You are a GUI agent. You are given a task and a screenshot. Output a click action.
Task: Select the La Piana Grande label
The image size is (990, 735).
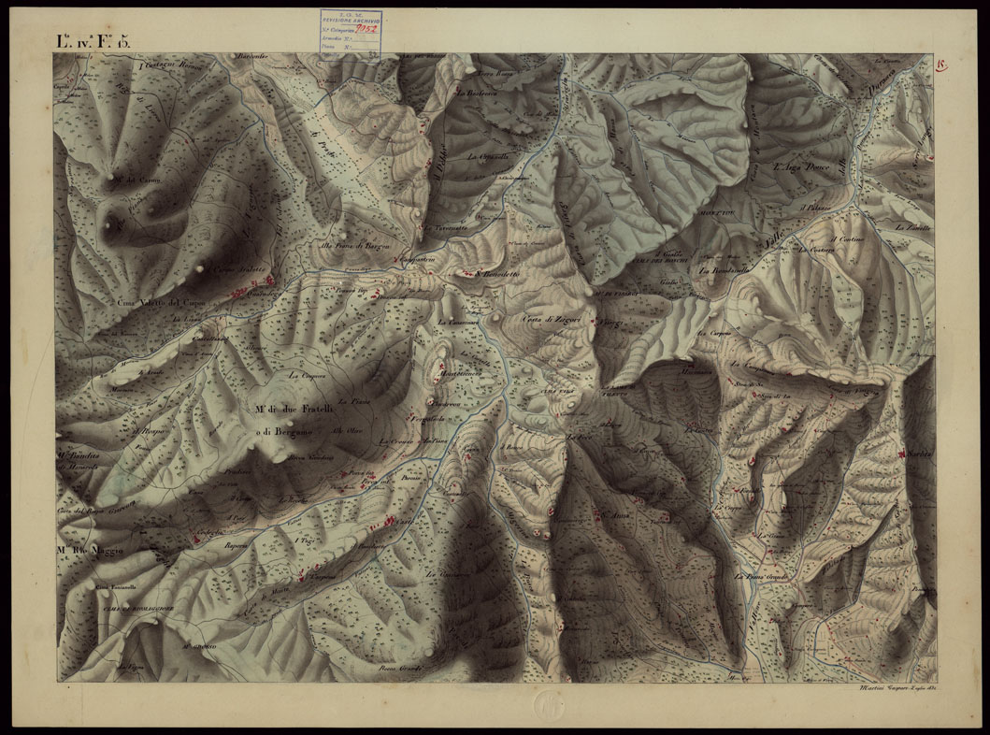coord(764,578)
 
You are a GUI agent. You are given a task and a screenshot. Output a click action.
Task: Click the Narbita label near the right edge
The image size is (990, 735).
coord(921,454)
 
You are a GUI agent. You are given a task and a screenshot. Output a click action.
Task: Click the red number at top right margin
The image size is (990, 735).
coord(940,65)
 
